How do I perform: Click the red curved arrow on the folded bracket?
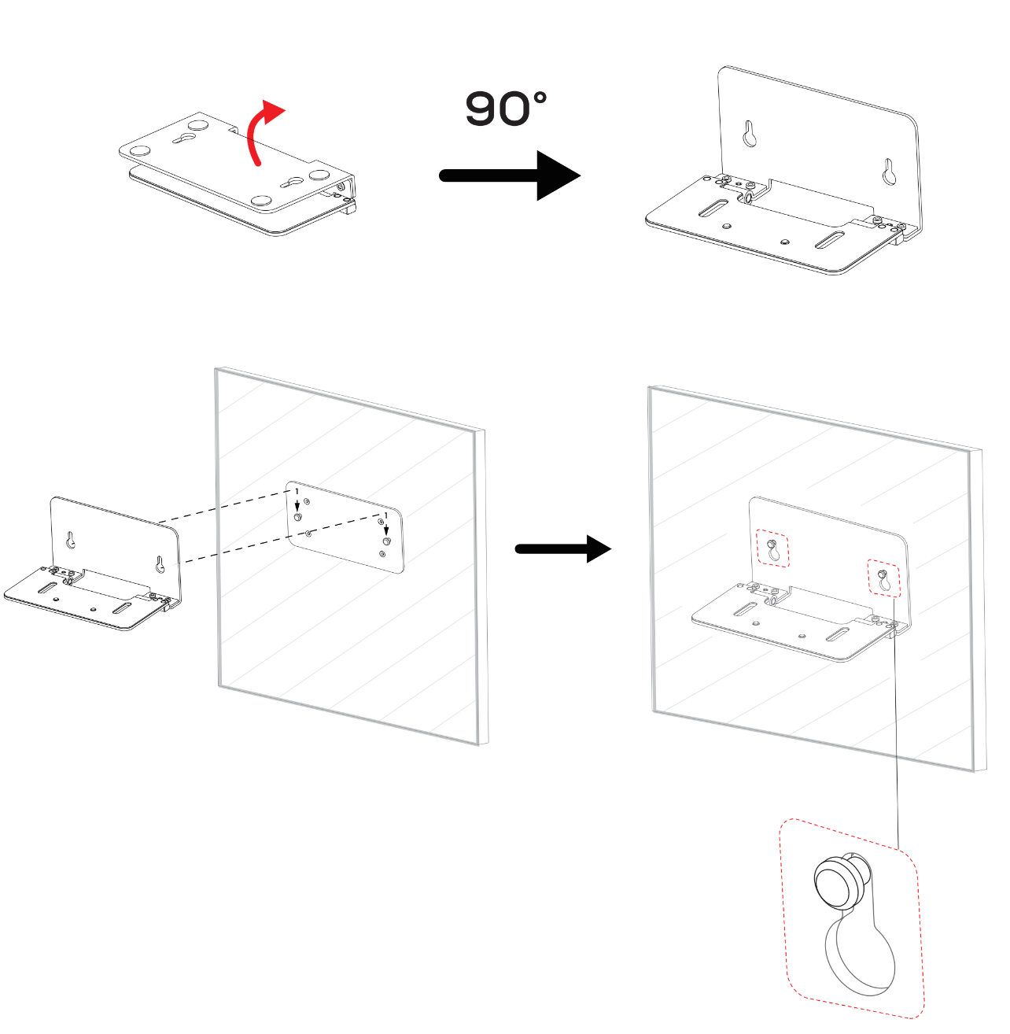[254, 133]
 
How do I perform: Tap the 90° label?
[506, 109]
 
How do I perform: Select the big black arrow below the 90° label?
[510, 176]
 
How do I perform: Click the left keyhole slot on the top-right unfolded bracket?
[750, 133]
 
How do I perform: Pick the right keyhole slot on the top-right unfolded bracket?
[889, 172]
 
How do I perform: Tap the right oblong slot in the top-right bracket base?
[829, 240]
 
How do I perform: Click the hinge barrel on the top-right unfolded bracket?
[748, 198]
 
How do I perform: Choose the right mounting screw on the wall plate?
[386, 541]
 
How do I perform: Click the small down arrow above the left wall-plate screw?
[297, 505]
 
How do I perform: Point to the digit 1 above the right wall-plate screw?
[386, 515]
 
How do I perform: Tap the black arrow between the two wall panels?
[563, 549]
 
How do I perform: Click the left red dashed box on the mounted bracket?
[772, 548]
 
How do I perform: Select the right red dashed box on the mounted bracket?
[883, 578]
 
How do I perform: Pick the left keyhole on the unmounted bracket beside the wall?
[70, 541]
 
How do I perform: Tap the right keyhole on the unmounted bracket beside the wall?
[160, 564]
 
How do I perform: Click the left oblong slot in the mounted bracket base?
[745, 609]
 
